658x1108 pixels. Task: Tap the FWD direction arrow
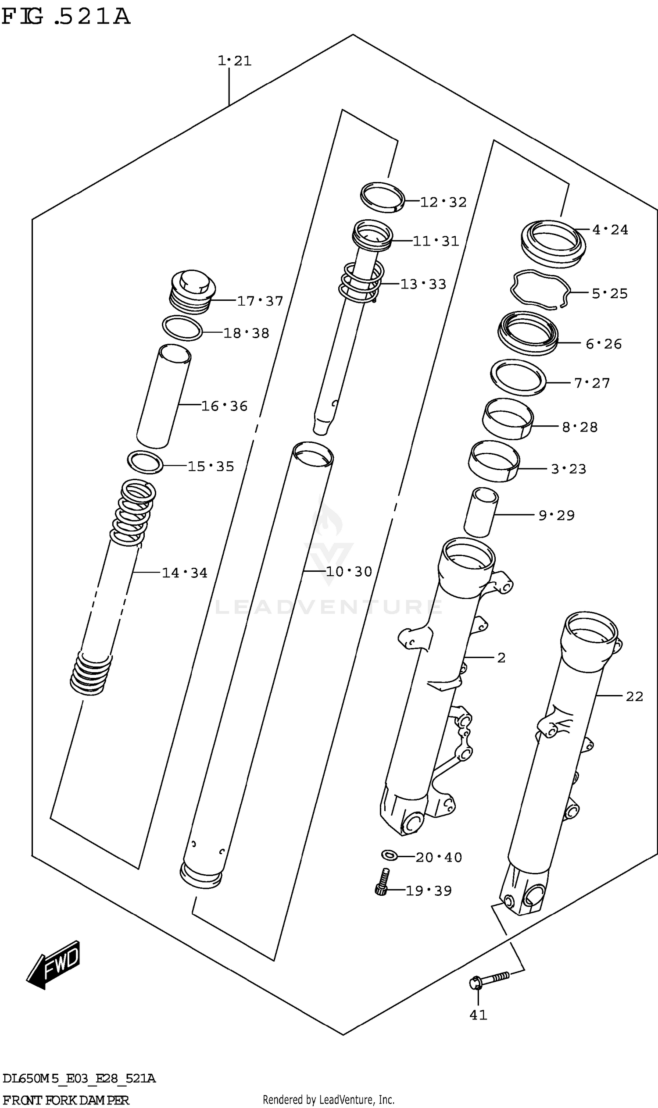(x=53, y=965)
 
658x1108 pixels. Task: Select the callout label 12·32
(x=443, y=203)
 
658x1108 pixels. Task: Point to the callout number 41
(x=478, y=1015)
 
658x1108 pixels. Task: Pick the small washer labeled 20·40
(x=389, y=854)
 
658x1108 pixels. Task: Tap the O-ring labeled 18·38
(x=182, y=328)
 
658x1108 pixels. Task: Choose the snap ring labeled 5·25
(x=539, y=289)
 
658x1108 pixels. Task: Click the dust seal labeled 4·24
(x=553, y=244)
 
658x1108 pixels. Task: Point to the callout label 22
(x=633, y=697)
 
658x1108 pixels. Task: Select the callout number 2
(x=501, y=658)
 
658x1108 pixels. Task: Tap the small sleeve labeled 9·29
(x=481, y=512)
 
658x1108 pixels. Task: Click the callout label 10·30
(x=349, y=572)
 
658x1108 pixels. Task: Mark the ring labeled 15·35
(x=145, y=462)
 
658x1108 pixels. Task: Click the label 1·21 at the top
(x=234, y=61)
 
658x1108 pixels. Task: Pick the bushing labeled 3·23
(x=493, y=461)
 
